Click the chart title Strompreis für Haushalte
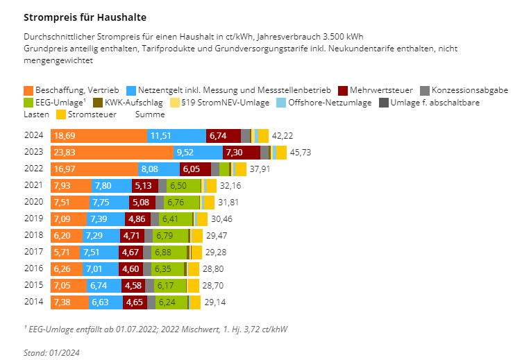(x=85, y=16)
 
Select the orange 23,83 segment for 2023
(x=111, y=152)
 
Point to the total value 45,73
(x=300, y=152)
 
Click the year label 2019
(x=33, y=218)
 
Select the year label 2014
(x=33, y=302)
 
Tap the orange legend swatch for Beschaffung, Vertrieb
(x=28, y=91)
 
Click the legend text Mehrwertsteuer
(x=382, y=91)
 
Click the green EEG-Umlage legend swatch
(x=28, y=103)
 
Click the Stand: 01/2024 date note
(x=51, y=352)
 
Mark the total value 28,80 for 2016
(x=213, y=268)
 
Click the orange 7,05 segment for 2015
(x=69, y=285)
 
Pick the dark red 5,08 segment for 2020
(x=142, y=202)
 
